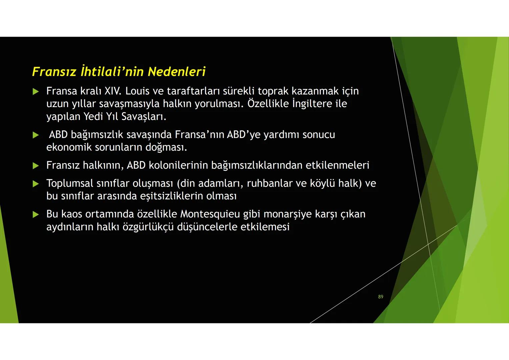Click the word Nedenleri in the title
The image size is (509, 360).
176,72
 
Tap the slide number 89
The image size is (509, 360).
381,297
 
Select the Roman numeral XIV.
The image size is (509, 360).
113,91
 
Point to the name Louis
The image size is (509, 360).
137,91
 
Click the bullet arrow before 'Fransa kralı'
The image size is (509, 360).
36,91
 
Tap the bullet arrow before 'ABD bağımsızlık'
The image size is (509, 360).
36,135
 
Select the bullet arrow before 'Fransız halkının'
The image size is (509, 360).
36,166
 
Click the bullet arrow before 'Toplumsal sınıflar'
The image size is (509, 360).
36,184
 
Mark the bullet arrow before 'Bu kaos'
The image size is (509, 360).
36,214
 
